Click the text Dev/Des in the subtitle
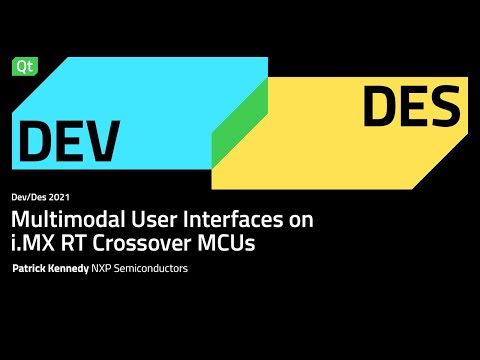(30, 197)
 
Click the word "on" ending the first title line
(305, 219)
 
